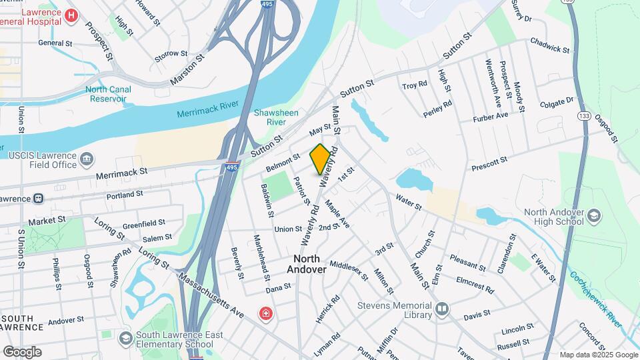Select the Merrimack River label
208,109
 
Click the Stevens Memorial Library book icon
441,309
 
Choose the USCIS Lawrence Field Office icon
87,159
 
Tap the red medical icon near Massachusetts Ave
266,313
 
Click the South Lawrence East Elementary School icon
125,339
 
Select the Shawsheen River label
271,117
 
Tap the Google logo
22,352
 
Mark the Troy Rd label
414,86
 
